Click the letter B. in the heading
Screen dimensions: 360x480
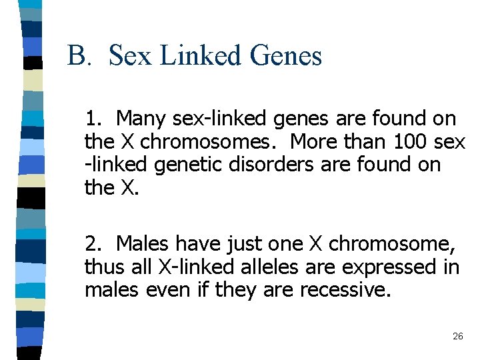pyautogui.click(x=79, y=55)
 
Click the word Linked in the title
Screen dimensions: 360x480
pyautogui.click(x=202, y=55)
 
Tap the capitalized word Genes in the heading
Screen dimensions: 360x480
pyautogui.click(x=287, y=56)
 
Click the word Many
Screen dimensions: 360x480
pyautogui.click(x=142, y=119)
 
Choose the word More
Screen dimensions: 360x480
pyautogui.click(x=316, y=142)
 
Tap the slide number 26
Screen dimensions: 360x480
pyautogui.click(x=457, y=337)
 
